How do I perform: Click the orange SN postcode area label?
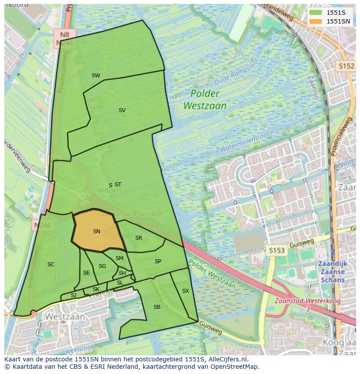point(97,232)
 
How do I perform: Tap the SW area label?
point(96,76)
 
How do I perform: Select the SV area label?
point(122,110)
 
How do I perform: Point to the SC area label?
point(51,264)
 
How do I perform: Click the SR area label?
point(139,238)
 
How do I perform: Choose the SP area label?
point(158,261)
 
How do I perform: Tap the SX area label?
point(186,291)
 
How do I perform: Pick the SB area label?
point(157,307)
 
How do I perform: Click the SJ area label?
point(73,295)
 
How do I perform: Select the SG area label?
point(102,266)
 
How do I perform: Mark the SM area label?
point(120,258)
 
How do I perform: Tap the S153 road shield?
point(277,251)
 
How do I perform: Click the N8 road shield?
point(65,34)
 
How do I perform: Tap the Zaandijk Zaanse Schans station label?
point(331,272)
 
